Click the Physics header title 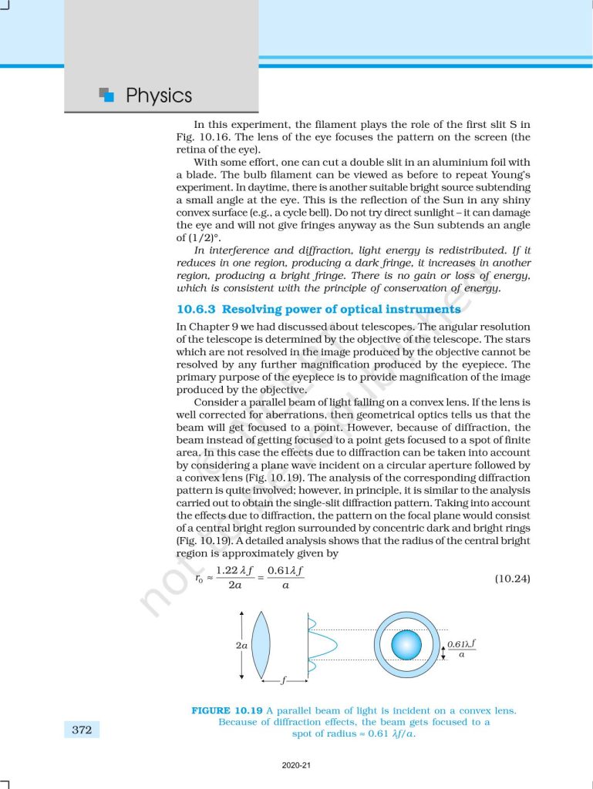click(x=159, y=96)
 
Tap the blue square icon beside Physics click(x=107, y=95)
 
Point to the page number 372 click(x=81, y=729)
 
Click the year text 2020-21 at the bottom click(x=296, y=766)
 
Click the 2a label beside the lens click(x=241, y=645)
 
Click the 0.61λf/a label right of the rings click(x=461, y=648)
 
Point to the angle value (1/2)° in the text click(x=197, y=237)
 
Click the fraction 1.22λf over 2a click(x=237, y=579)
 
